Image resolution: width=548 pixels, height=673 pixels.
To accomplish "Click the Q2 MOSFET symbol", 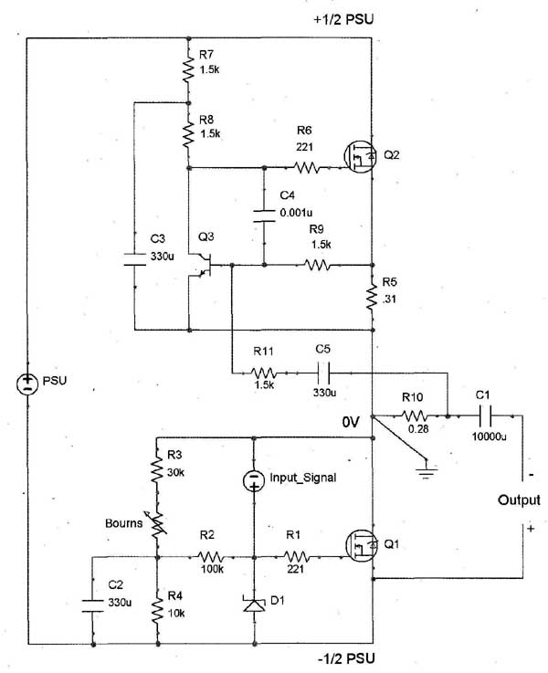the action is [x=361, y=157].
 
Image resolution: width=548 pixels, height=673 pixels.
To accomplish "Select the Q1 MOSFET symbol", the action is [x=362, y=545].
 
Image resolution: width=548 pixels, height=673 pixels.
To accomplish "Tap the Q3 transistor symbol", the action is [x=203, y=265].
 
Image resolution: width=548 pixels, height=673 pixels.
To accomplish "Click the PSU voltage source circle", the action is [x=27, y=384].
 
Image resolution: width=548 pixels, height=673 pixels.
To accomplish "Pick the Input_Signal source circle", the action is [x=254, y=480].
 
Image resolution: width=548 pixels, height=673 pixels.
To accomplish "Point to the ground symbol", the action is [x=427, y=469].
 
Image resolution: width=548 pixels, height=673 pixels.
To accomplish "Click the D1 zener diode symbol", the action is [x=254, y=603].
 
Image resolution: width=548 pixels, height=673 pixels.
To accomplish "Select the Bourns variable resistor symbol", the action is [x=157, y=524].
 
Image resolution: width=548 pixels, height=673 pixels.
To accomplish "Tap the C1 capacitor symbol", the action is [x=485, y=415].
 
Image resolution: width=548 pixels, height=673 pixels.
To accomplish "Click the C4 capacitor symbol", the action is [x=264, y=216].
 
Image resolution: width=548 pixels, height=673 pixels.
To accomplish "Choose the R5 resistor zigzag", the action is [x=372, y=296].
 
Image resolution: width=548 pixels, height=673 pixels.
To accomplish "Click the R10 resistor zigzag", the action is [x=415, y=415].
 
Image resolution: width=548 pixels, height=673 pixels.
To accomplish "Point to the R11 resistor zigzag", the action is [x=264, y=373].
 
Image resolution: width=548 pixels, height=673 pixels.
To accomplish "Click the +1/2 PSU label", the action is [x=343, y=19].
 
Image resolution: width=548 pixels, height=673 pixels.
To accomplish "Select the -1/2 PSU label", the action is [x=346, y=658].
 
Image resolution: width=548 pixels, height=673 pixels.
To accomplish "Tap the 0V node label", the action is [x=351, y=423].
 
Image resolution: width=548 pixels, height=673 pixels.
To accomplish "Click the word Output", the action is [x=520, y=500].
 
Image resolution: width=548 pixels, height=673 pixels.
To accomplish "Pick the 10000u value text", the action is [x=490, y=436].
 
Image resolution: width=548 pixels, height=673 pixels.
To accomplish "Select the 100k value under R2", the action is [x=213, y=569].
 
